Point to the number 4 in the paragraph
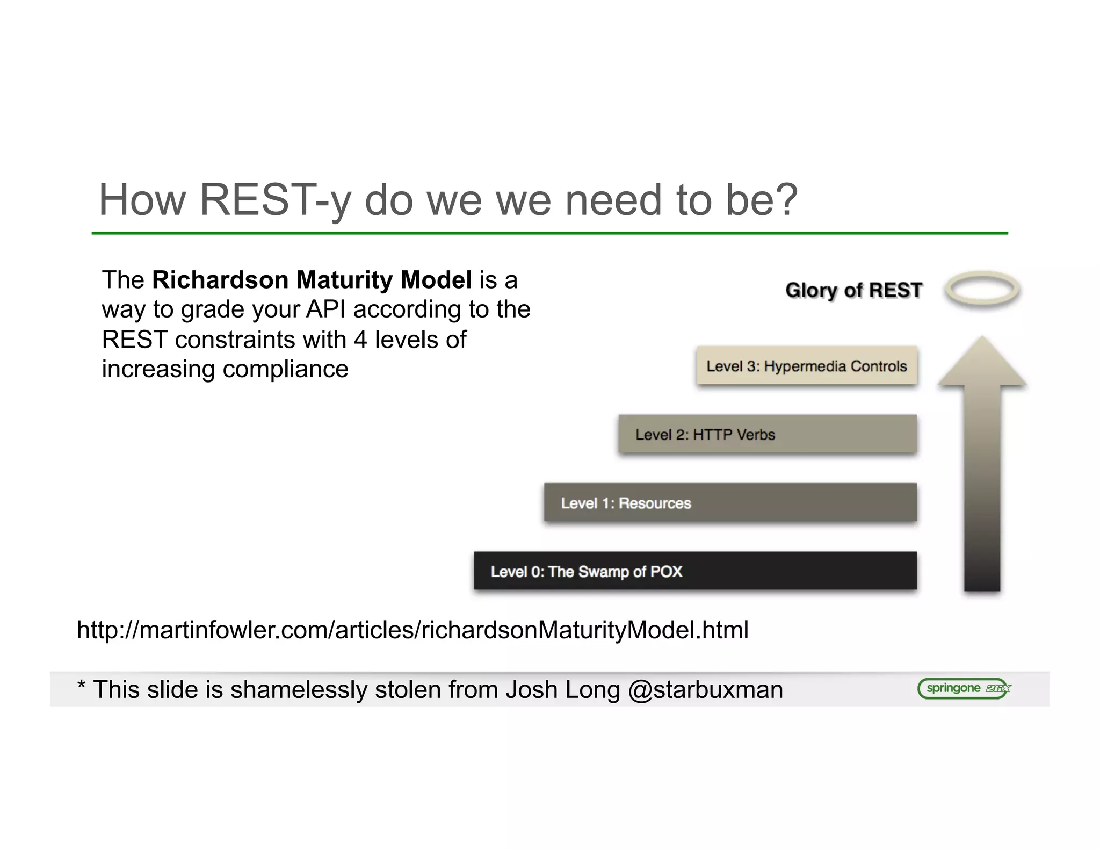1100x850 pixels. coord(360,340)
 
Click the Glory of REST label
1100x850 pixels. coord(853,290)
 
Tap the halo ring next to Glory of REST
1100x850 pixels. coord(982,289)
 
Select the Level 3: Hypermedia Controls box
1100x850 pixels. coord(806,366)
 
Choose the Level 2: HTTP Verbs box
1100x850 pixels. coord(767,434)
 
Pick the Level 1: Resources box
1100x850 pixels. coord(730,502)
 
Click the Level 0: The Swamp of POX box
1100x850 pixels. coord(695,571)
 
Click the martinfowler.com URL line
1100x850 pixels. coord(412,630)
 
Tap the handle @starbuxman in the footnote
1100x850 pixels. coord(705,690)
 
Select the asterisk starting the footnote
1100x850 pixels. coord(82,685)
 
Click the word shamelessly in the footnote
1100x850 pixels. coord(299,690)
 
